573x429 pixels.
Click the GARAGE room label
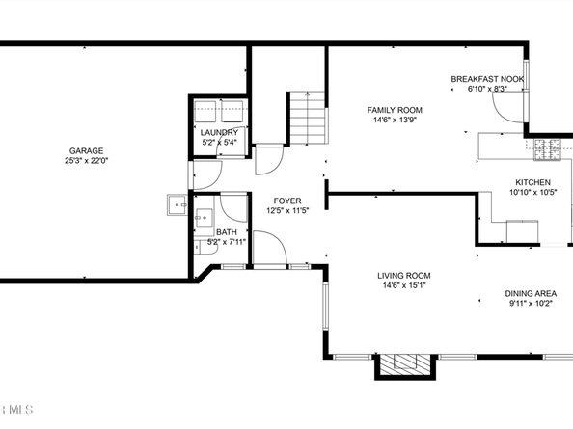pyautogui.click(x=86, y=150)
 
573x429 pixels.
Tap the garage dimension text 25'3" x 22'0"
pyautogui.click(x=87, y=161)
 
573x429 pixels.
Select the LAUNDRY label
pyautogui.click(x=219, y=132)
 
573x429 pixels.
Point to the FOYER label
pyautogui.click(x=287, y=201)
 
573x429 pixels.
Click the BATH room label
pyautogui.click(x=227, y=232)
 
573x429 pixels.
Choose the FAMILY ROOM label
pyautogui.click(x=395, y=110)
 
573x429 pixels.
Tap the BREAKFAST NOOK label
pyautogui.click(x=487, y=79)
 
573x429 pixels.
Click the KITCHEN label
pyautogui.click(x=532, y=182)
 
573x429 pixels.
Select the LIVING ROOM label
pyautogui.click(x=404, y=276)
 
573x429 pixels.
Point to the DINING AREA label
pyautogui.click(x=531, y=293)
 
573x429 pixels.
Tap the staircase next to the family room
pyautogui.click(x=308, y=118)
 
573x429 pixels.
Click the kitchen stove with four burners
pyautogui.click(x=547, y=150)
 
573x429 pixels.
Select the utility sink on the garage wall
pyautogui.click(x=177, y=204)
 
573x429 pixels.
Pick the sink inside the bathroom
pyautogui.click(x=204, y=218)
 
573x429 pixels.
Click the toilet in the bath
pyautogui.click(x=206, y=247)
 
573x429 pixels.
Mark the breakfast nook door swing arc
pyautogui.click(x=502, y=112)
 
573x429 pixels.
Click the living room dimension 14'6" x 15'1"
pyautogui.click(x=404, y=285)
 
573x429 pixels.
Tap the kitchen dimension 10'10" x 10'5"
pyautogui.click(x=533, y=193)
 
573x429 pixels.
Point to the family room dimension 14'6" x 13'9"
pyautogui.click(x=395, y=120)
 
